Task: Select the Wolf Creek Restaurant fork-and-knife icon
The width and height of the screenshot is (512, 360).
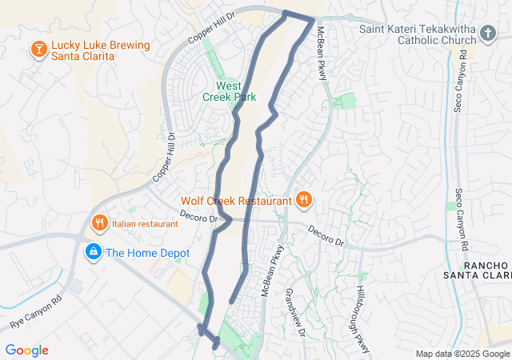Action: [304, 200]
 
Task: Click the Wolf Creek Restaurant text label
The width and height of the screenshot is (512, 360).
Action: [236, 201]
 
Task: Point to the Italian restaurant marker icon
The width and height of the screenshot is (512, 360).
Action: [100, 223]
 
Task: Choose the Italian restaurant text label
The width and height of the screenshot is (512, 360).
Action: [145, 224]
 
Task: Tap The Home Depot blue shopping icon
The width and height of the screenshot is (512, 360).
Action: [94, 253]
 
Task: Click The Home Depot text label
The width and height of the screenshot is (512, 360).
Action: [148, 253]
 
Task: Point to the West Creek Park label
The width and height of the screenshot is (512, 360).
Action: [229, 91]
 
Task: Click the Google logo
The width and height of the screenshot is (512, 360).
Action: [27, 350]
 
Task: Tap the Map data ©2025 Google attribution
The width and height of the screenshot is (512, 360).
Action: [462, 354]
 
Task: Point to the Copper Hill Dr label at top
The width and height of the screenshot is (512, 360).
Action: [212, 27]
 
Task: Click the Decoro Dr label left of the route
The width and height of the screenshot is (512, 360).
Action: [199, 216]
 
